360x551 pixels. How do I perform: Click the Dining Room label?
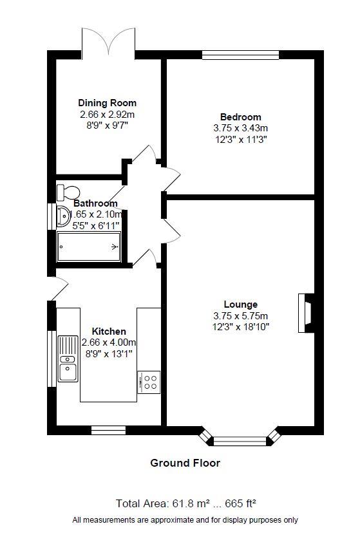coord(107,103)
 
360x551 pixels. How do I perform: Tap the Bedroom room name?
coord(241,117)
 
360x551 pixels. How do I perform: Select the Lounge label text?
coord(241,304)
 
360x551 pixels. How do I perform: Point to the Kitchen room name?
coord(109,332)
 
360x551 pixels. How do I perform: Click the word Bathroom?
coord(95,203)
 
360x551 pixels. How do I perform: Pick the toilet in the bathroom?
coord(68,192)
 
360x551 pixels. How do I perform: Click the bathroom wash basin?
coord(63,216)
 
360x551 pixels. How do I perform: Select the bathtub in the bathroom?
coord(89,247)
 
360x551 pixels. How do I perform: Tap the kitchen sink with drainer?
coord(68,359)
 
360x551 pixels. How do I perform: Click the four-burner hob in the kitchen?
coord(149,382)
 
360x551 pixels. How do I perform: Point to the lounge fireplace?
coord(306,313)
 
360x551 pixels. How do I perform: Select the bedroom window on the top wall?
coord(241,55)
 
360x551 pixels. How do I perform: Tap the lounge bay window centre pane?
coord(240,441)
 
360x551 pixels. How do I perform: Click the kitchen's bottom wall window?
coord(108,430)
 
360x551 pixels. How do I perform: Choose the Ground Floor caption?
coord(185,463)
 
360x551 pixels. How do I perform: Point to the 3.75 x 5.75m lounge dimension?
coord(241,315)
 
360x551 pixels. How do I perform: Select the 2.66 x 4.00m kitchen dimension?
coord(109,342)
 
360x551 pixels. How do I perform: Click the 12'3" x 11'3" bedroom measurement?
coord(241,140)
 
